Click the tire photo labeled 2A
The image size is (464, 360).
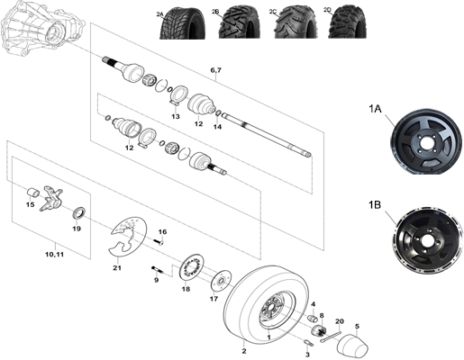click(177, 24)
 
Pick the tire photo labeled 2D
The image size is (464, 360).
click(338, 24)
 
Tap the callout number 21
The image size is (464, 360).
click(116, 267)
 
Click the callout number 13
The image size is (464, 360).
click(176, 117)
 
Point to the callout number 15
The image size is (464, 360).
click(31, 205)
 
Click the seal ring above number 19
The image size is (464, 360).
click(77, 212)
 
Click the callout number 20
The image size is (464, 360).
click(339, 320)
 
